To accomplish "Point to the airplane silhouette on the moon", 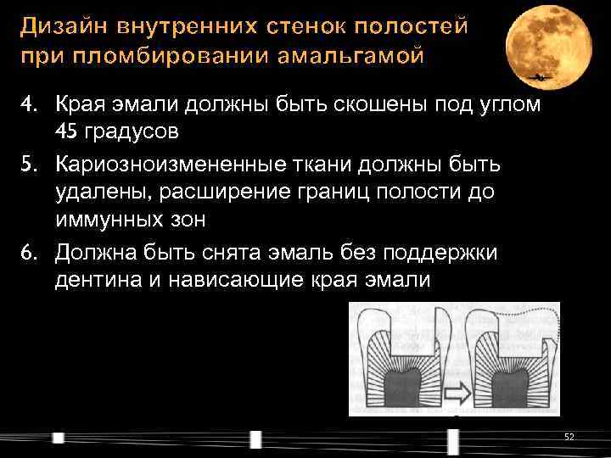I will coord(537,77).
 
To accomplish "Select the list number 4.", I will coord(28,104).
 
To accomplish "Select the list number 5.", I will coord(28,162).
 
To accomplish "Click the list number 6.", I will coord(28,252).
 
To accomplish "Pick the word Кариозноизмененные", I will coord(164,162).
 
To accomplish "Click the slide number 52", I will coord(569,436).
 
